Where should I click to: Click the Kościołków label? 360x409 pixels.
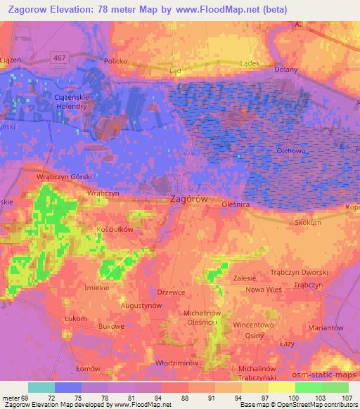115,229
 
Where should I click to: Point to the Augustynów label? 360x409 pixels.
141,306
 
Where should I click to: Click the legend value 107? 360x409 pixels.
347,398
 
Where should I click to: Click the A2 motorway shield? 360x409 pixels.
299,24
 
